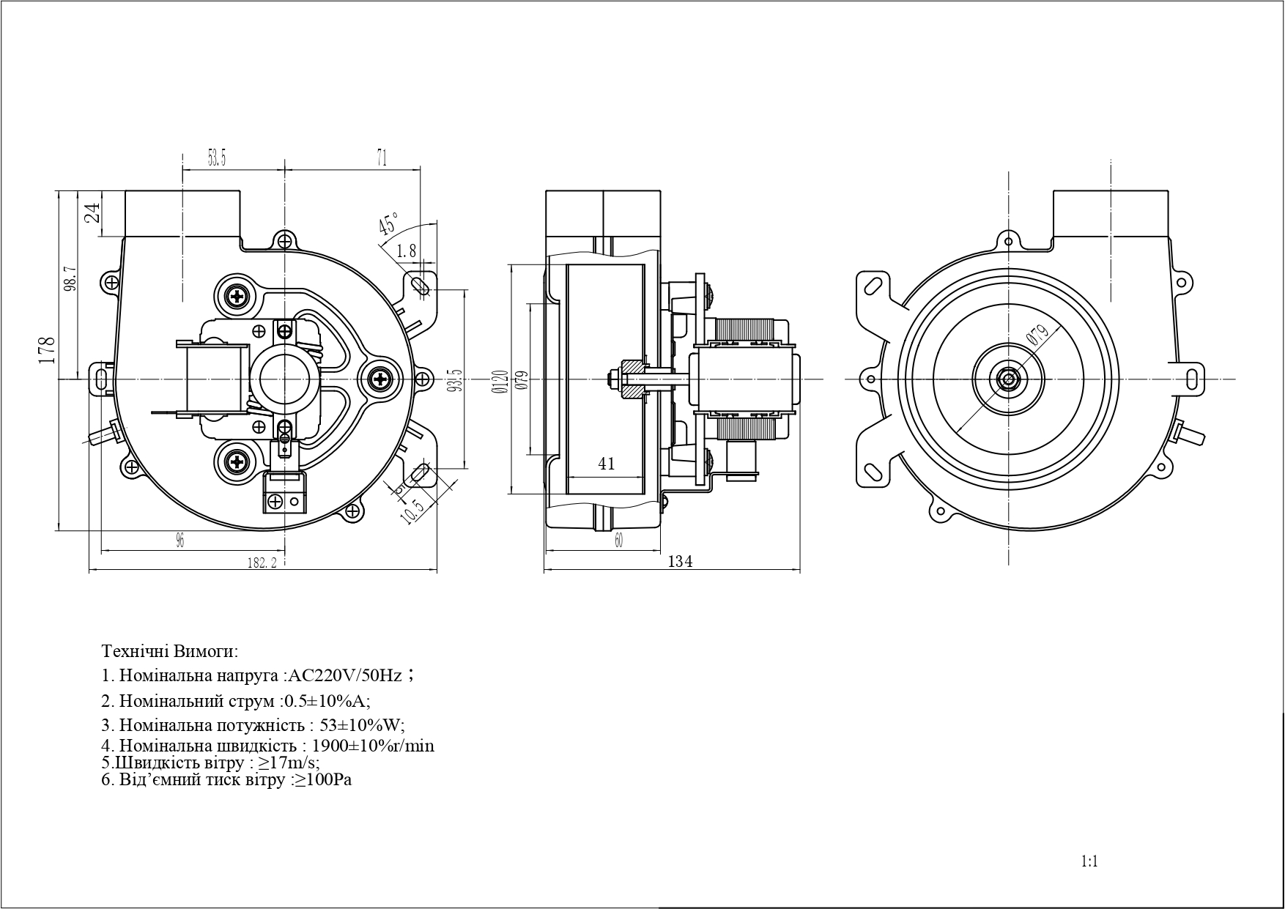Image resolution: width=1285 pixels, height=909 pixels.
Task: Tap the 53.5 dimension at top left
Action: [217, 157]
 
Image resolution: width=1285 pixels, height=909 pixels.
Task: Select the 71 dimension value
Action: [381, 157]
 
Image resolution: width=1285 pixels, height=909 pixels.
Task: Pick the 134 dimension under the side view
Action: [681, 562]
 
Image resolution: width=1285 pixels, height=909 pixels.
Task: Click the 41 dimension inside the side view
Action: [607, 464]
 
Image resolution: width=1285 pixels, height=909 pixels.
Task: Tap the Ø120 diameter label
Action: [501, 381]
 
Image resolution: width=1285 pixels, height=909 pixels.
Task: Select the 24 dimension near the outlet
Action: [92, 213]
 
